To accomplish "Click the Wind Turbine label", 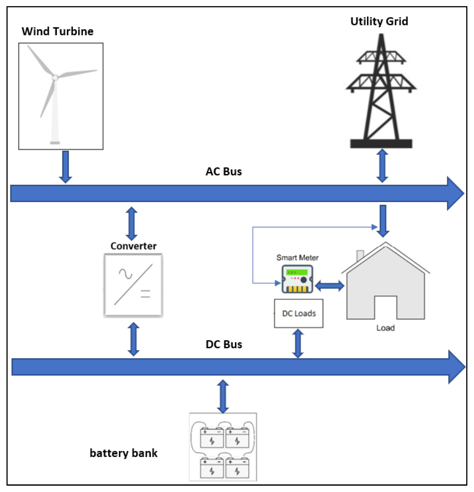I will pos(57,31).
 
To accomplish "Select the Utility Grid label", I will pos(379,21).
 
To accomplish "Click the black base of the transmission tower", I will pos(381,144).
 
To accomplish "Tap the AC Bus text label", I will pos(224,172).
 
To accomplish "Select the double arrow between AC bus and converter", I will pos(131,223).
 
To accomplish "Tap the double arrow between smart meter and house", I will pos(329,286).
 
